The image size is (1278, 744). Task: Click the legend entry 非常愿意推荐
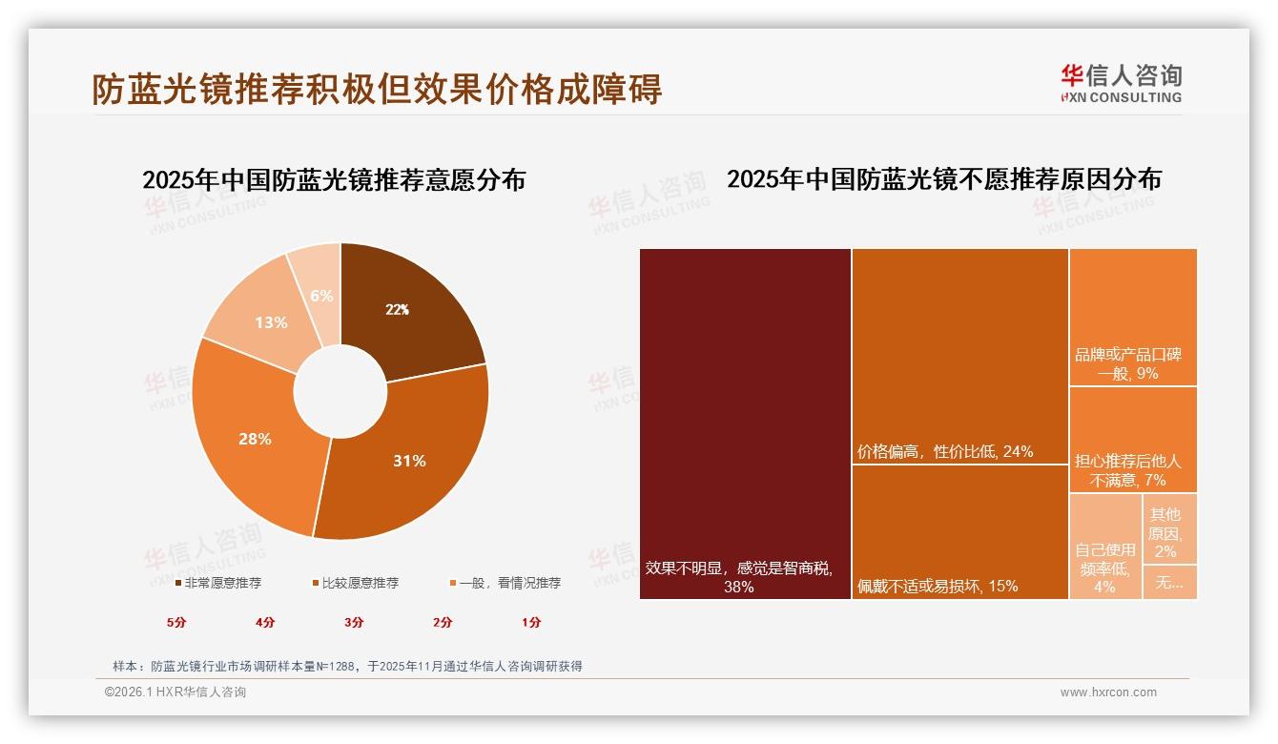point(218,583)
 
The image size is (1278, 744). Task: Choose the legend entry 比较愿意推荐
point(355,583)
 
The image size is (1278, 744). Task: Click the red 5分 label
point(176,622)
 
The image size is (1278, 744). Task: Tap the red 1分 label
point(531,622)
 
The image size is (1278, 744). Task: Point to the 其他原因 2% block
point(1169,528)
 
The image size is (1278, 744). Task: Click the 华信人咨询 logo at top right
point(1121,83)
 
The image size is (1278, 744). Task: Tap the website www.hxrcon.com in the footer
point(1108,692)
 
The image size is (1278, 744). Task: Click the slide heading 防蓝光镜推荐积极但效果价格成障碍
point(377,89)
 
